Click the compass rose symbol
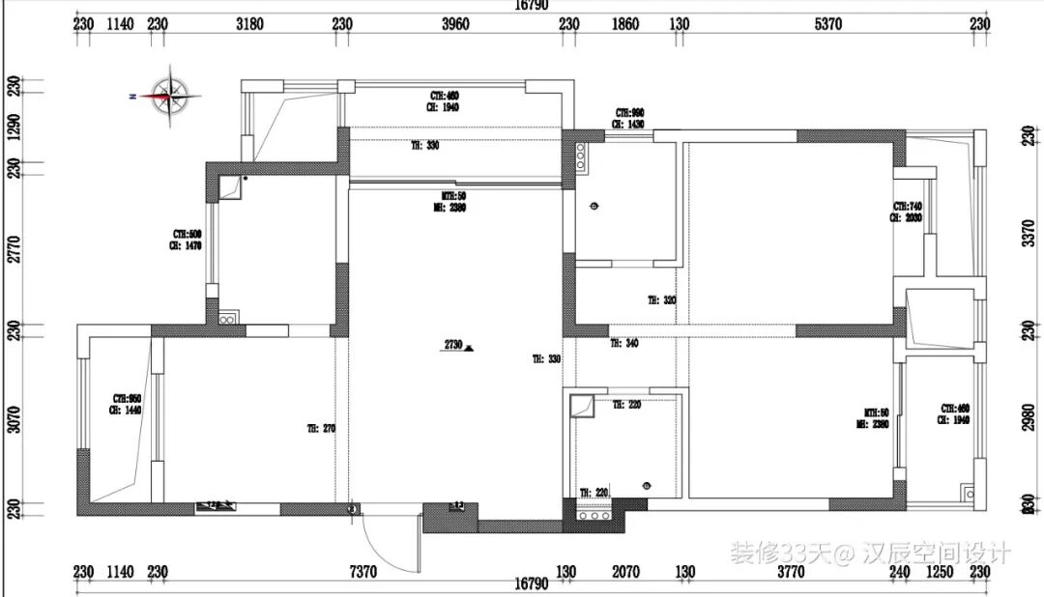click(x=170, y=95)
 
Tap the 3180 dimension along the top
click(x=249, y=24)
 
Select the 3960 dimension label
click(x=455, y=24)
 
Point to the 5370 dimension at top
click(x=828, y=24)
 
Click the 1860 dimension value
click(x=625, y=24)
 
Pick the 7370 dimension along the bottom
click(x=362, y=572)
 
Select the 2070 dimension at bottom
click(x=626, y=572)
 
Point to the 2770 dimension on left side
click(x=13, y=248)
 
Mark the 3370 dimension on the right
click(x=1029, y=233)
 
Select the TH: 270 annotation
click(x=321, y=428)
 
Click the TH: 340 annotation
click(x=624, y=343)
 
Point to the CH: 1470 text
click(x=188, y=247)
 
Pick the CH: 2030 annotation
click(x=907, y=218)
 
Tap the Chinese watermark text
click(x=869, y=553)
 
